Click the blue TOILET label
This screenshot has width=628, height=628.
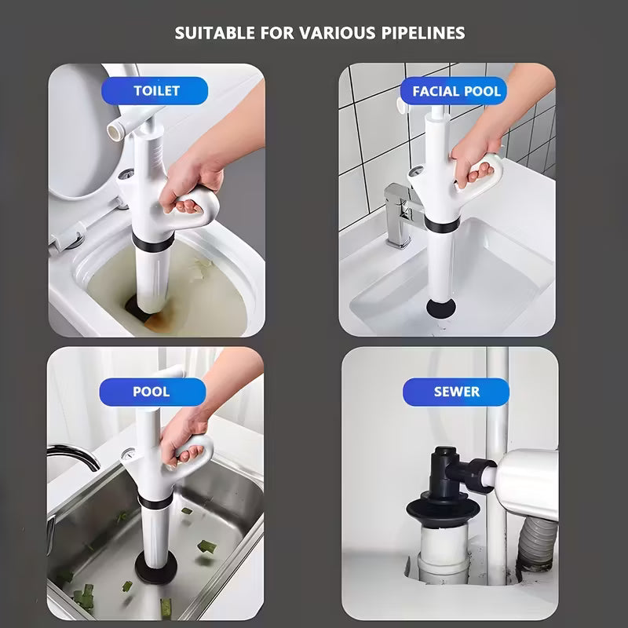click(x=156, y=90)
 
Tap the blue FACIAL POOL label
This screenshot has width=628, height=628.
click(x=456, y=91)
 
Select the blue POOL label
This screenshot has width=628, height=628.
click(x=151, y=391)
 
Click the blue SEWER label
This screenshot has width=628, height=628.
click(x=456, y=391)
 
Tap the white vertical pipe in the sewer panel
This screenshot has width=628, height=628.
click(x=495, y=392)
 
